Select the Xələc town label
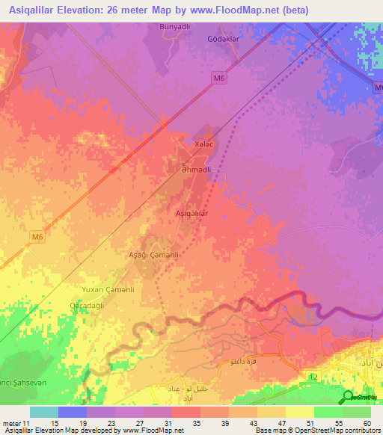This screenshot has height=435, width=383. tap(203, 144)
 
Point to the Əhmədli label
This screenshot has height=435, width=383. tap(195, 170)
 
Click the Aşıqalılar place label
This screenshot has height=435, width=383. tap(191, 213)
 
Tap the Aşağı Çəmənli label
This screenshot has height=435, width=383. tap(153, 255)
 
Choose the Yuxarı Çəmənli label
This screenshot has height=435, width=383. tap(107, 289)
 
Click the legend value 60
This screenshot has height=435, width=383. tap(367, 423)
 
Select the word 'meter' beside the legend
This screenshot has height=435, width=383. tap(11, 423)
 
